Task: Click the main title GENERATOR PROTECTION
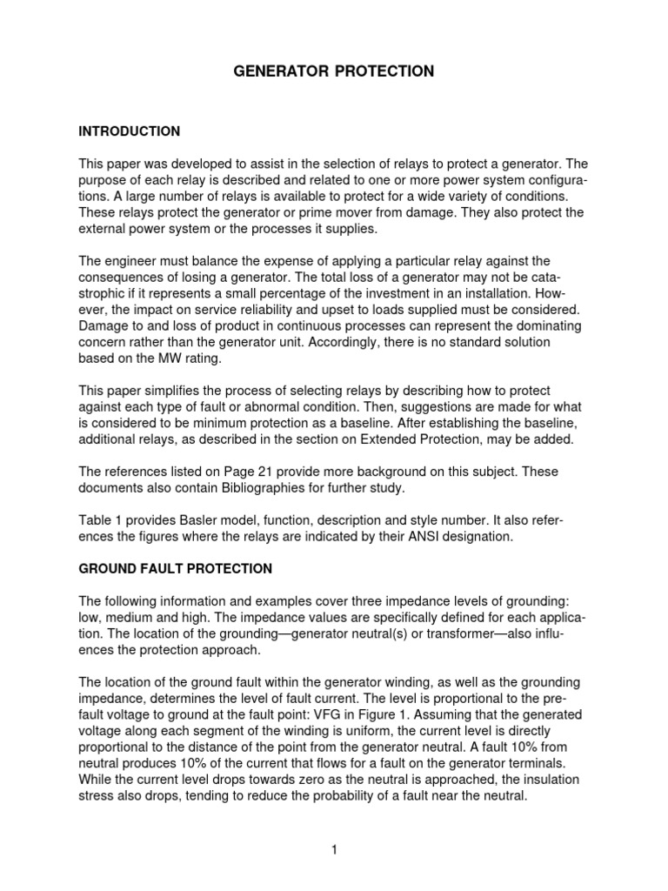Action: (333, 71)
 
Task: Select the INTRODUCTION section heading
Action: (130, 131)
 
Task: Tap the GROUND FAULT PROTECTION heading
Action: (176, 569)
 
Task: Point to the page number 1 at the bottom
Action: (333, 850)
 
